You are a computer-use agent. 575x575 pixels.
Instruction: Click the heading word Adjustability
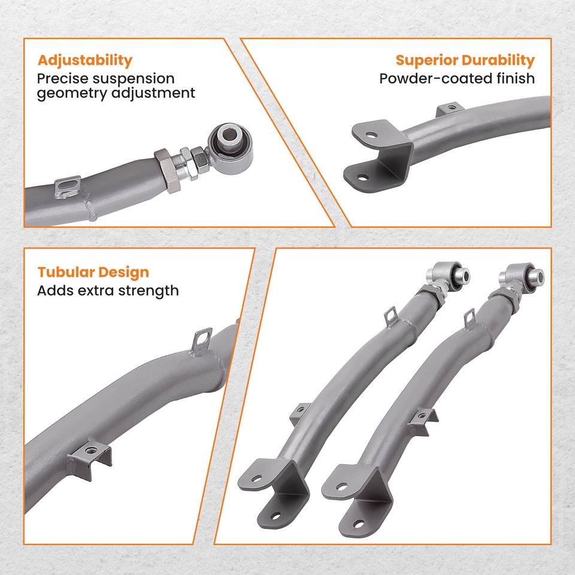pyautogui.click(x=84, y=60)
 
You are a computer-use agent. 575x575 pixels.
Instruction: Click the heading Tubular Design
pyautogui.click(x=93, y=273)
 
